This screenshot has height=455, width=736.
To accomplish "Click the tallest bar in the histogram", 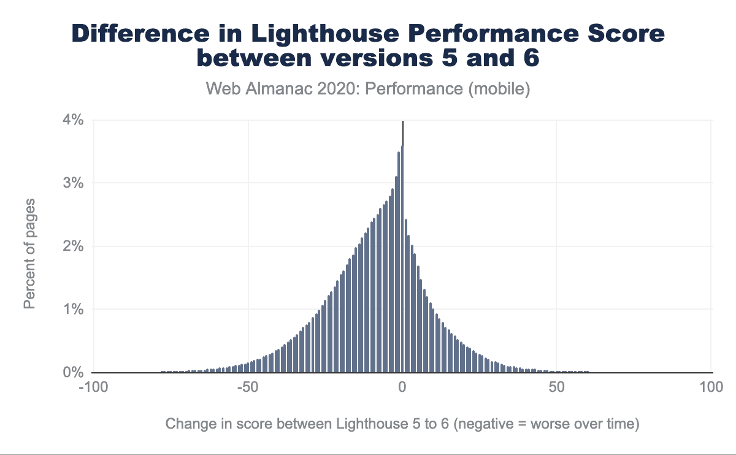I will (402, 258).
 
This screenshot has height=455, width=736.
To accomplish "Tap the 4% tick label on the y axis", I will (74, 120).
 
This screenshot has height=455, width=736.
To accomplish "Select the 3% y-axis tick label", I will (74, 183).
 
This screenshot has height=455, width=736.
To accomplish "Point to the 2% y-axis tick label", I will (74, 247).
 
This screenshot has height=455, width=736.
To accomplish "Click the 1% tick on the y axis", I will (74, 310).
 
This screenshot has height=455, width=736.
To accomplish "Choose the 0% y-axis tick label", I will (74, 372).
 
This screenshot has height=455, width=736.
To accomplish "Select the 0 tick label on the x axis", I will (402, 388).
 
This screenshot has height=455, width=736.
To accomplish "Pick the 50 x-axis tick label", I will (556, 388).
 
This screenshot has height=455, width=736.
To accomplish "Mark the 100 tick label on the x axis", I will (711, 388).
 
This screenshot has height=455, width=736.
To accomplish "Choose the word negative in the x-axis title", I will (486, 424).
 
